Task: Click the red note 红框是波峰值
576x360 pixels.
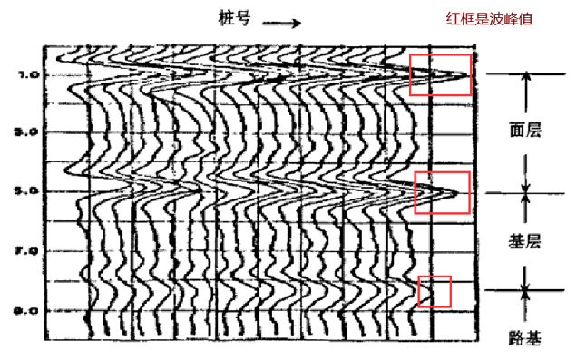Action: pyautogui.click(x=491, y=18)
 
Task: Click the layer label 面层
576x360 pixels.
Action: pyautogui.click(x=525, y=130)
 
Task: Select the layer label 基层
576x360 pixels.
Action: pyautogui.click(x=525, y=241)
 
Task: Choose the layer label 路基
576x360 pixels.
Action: pyautogui.click(x=525, y=340)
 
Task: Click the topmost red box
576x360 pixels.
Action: pyautogui.click(x=440, y=74)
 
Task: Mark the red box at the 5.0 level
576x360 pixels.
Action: pyautogui.click(x=442, y=192)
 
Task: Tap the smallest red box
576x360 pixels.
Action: pyautogui.click(x=434, y=291)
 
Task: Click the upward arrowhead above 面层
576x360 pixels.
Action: pyautogui.click(x=525, y=80)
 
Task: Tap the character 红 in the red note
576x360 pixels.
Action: pyautogui.click(x=452, y=18)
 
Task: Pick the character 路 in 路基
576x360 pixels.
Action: pyautogui.click(x=516, y=340)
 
